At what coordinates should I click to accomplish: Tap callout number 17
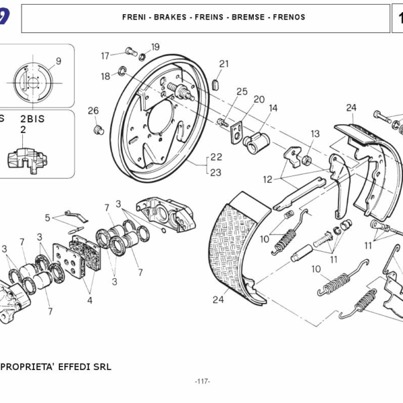(105, 55)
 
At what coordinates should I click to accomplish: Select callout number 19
(155, 47)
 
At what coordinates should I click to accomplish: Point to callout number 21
(224, 64)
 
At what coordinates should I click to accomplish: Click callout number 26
(93, 111)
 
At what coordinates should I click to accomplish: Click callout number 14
(273, 107)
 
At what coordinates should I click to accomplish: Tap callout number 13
(315, 134)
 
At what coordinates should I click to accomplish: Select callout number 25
(242, 92)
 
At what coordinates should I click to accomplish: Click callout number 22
(216, 157)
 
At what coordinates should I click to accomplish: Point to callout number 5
(48, 218)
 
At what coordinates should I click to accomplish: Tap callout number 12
(267, 179)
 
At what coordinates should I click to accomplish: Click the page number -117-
(202, 382)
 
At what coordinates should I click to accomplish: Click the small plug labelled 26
(98, 128)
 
